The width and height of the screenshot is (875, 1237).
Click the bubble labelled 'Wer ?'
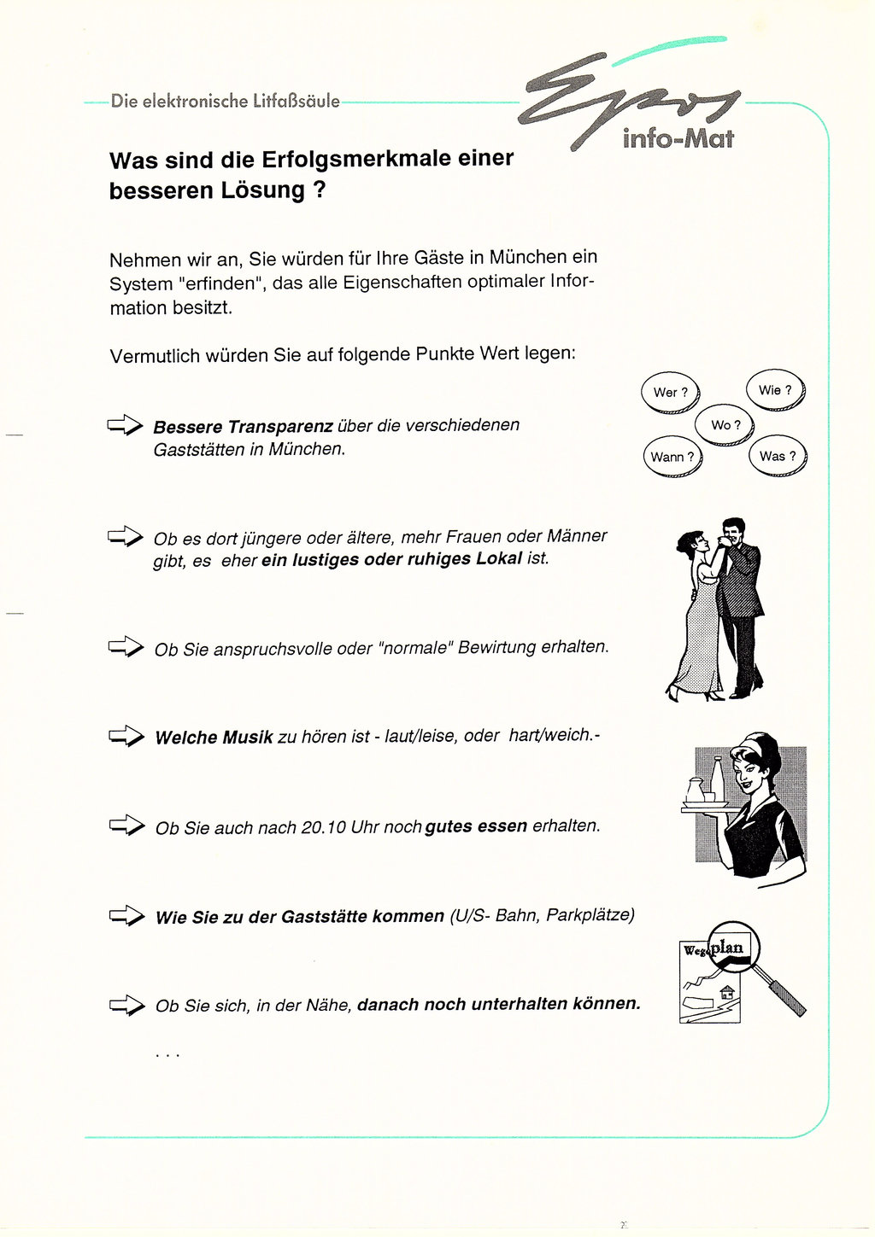coord(671,393)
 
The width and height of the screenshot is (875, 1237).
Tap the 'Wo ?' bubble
coord(725,425)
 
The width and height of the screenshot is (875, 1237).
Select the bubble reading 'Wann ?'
coord(672,458)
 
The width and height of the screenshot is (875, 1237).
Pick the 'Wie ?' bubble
coord(776,390)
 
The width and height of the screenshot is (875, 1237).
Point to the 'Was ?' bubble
coord(778,456)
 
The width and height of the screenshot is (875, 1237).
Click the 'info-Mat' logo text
coord(678,138)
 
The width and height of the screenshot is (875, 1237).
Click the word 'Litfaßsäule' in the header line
coord(297,101)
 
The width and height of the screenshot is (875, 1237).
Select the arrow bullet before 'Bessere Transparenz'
coord(125,424)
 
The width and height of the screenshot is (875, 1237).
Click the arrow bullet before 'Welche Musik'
coord(126,736)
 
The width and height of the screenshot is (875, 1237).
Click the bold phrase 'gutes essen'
coord(476,826)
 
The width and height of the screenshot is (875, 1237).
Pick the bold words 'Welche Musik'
coord(214,738)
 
